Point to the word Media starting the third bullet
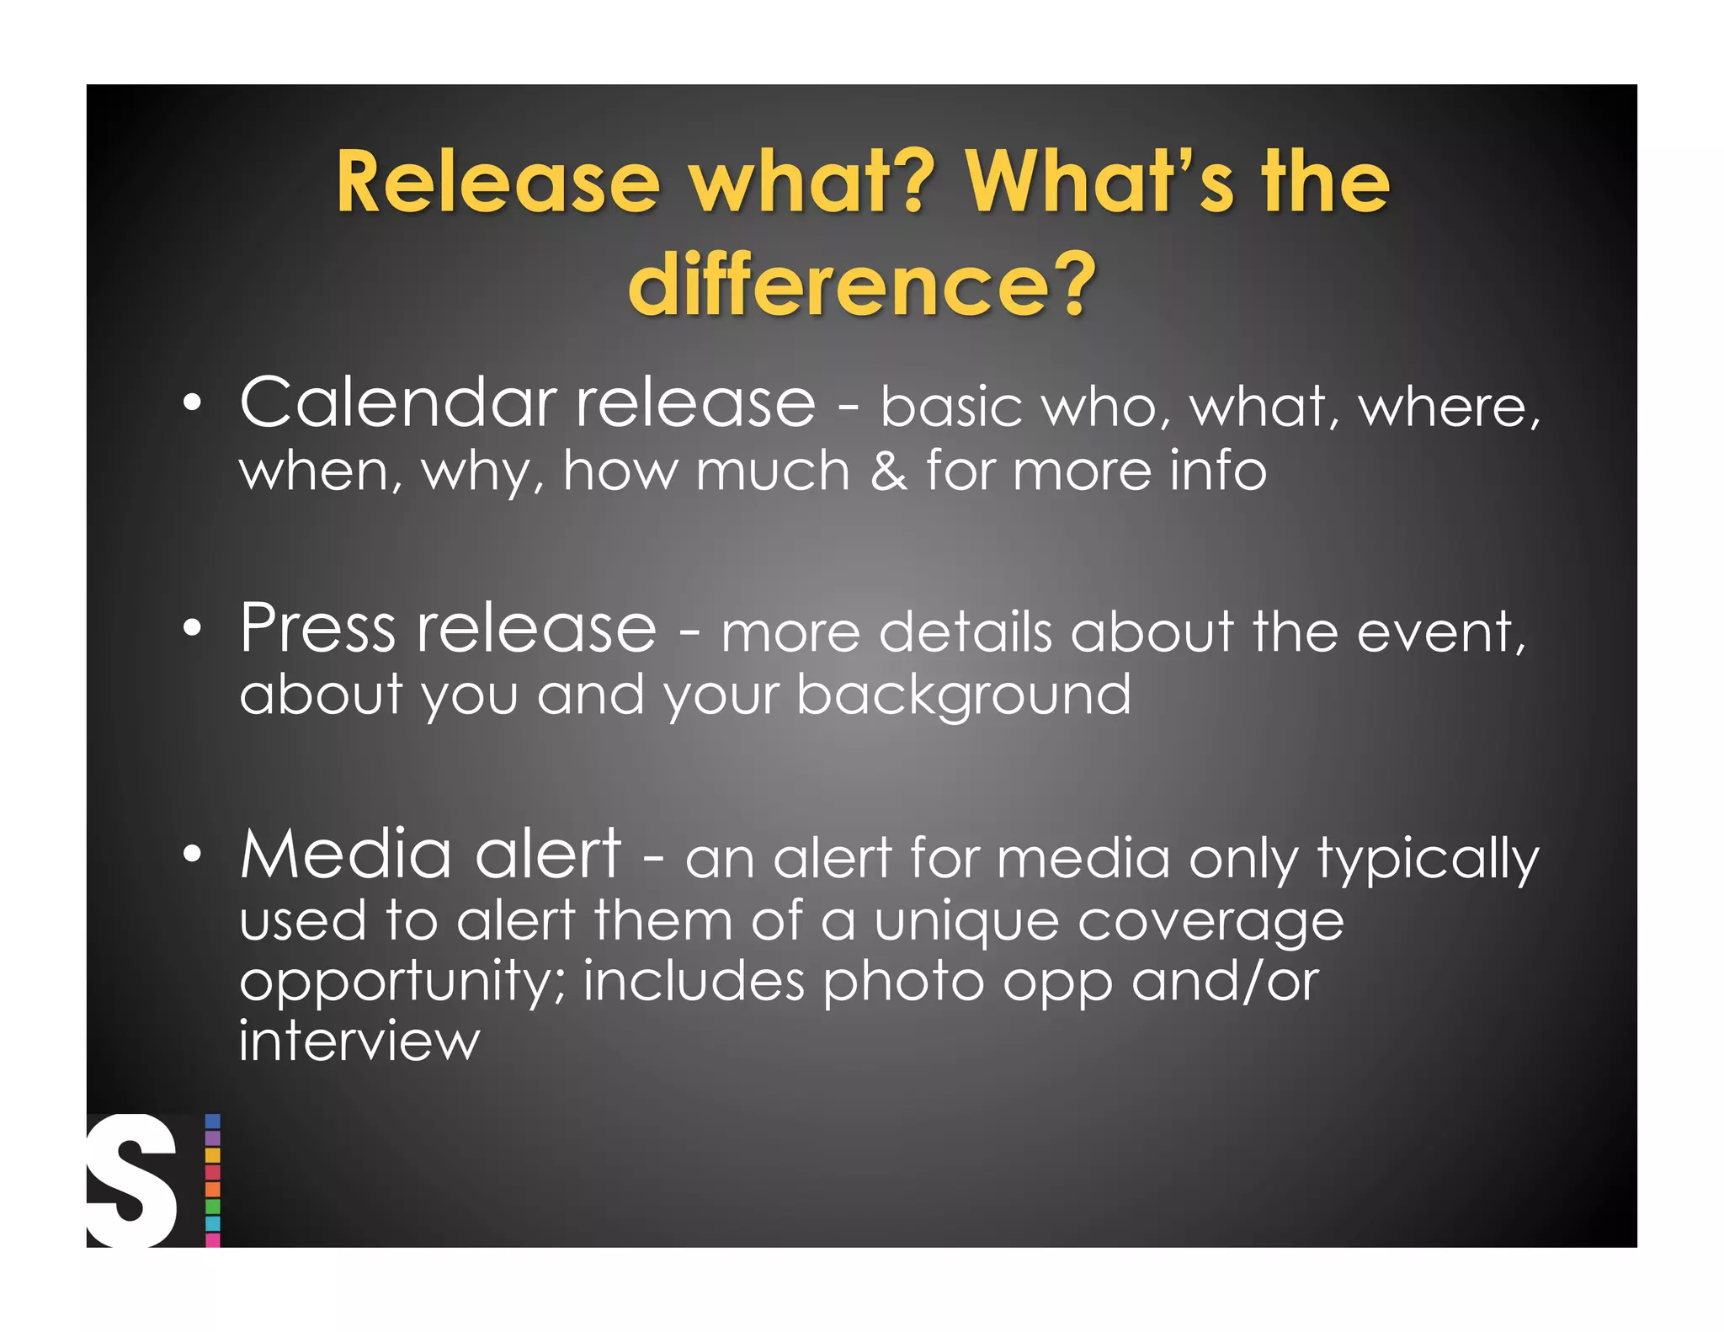point(346,855)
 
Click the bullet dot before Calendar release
point(193,403)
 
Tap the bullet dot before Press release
point(193,628)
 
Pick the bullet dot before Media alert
point(193,855)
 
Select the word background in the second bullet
point(964,695)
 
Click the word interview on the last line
point(359,1041)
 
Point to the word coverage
point(1211,922)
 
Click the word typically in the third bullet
point(1428,860)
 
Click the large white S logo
point(132,1180)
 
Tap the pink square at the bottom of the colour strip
point(213,1239)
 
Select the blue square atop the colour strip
point(213,1122)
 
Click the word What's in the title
point(1099,183)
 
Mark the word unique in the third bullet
point(966,922)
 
